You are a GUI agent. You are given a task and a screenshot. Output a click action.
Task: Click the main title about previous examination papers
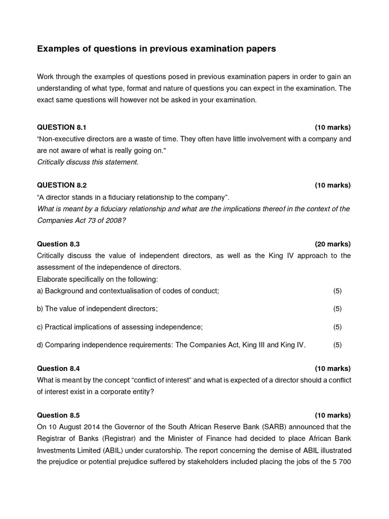pyautogui.click(x=157, y=49)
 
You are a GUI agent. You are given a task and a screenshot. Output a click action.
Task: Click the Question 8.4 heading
pyautogui.click(x=58, y=368)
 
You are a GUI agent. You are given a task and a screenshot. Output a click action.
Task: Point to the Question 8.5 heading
pyautogui.click(x=58, y=415)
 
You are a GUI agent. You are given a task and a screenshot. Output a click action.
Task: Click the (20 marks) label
pyautogui.click(x=332, y=244)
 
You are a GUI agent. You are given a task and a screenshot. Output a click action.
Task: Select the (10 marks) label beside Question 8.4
pyautogui.click(x=332, y=368)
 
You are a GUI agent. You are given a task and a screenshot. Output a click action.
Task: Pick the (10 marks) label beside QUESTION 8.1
pyautogui.click(x=332, y=127)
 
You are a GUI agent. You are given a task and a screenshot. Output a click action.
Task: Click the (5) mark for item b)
pyautogui.click(x=337, y=309)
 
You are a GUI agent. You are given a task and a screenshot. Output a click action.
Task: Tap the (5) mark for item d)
pyautogui.click(x=337, y=345)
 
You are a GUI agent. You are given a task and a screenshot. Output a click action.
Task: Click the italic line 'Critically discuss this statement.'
pyautogui.click(x=88, y=162)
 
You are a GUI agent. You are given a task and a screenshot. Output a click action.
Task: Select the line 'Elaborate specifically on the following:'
pyautogui.click(x=98, y=279)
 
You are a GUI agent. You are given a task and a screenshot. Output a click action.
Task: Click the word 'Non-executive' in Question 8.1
pyautogui.click(x=61, y=138)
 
